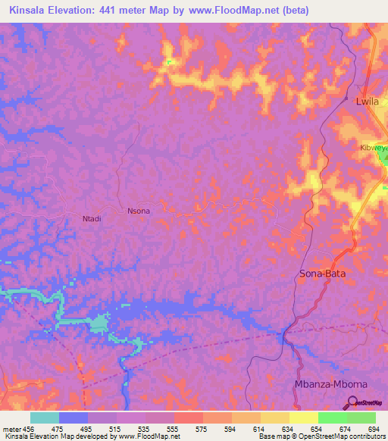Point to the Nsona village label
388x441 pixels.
tap(139, 211)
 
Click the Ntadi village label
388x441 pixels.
tap(91, 219)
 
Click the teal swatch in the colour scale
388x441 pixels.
tap(44, 418)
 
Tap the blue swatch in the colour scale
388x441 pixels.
tap(73, 418)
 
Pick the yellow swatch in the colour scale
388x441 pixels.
tap(303, 418)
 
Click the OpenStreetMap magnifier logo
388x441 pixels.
tap(351, 403)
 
